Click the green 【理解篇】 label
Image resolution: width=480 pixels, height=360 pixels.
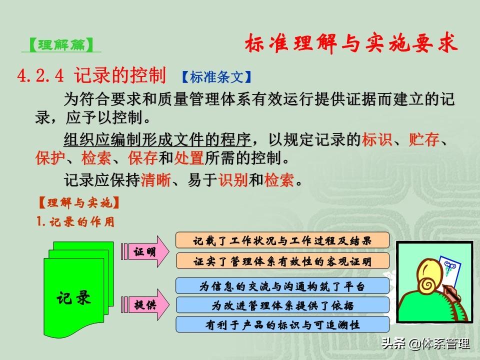pos(61,45)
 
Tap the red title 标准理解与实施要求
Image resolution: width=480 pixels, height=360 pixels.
pos(351,43)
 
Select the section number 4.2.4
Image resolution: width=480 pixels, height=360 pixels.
pos(40,75)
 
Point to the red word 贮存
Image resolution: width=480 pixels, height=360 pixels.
pos(424,139)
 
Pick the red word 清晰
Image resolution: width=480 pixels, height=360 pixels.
pos(156,179)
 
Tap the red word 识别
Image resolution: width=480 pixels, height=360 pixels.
pos(233,179)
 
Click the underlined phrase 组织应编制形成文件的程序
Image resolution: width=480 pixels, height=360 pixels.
pos(157,139)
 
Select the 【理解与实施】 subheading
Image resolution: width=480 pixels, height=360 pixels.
pos(78,202)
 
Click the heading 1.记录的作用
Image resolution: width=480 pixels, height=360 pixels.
pos(75,221)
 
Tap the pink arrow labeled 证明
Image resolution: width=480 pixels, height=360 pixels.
pos(145,251)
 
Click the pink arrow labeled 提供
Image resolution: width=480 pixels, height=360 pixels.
pos(145,304)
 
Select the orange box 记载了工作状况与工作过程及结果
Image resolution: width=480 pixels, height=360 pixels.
pos(282,240)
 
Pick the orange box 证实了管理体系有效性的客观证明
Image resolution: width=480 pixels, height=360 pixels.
pos(282,261)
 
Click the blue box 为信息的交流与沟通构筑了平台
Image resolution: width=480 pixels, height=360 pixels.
pos(282,286)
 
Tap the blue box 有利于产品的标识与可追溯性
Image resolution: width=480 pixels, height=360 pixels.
pos(282,324)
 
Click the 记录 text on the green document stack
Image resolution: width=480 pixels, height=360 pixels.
pos(74,297)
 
